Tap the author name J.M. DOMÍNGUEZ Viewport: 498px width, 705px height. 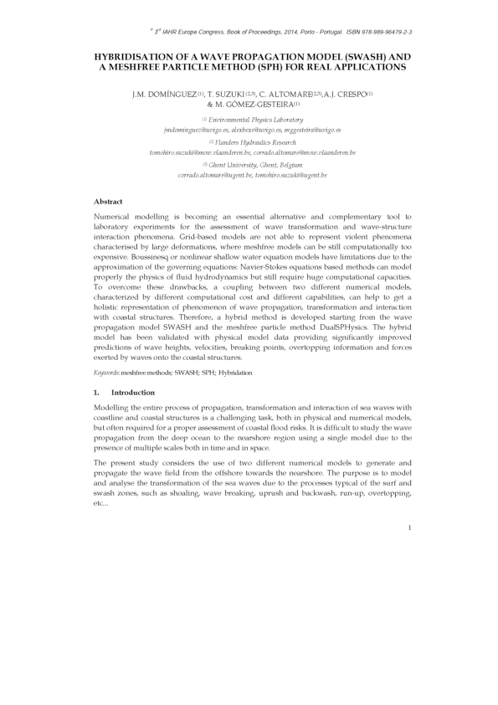pos(163,94)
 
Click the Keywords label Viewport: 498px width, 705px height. pos(110,371)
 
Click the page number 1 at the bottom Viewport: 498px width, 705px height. pos(408,527)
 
